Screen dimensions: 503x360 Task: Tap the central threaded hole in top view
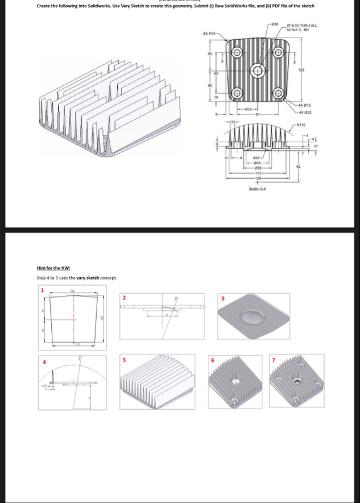point(259,71)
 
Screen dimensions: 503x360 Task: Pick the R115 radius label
point(300,125)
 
